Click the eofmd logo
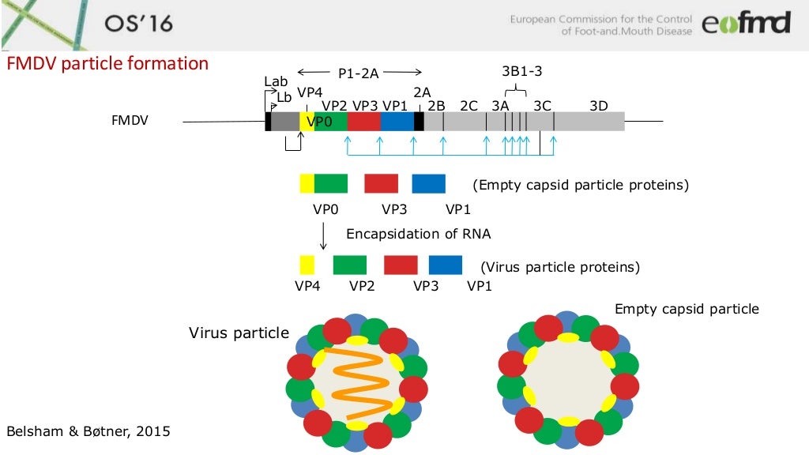tap(745, 24)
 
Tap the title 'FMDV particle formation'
tap(107, 64)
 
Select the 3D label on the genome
tap(598, 105)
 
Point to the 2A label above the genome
tap(422, 92)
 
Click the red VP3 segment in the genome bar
tap(363, 122)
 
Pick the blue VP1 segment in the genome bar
tap(397, 122)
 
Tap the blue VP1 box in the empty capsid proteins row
tap(428, 183)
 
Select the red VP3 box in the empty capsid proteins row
tap(381, 183)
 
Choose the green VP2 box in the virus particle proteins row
tap(350, 264)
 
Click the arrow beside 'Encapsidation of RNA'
tap(323, 235)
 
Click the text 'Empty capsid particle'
tap(687, 309)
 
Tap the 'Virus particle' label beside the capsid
tap(239, 333)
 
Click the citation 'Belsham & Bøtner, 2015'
tap(88, 431)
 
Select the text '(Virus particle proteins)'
tap(560, 267)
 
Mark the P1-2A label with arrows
tap(359, 73)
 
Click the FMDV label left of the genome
tap(130, 122)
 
